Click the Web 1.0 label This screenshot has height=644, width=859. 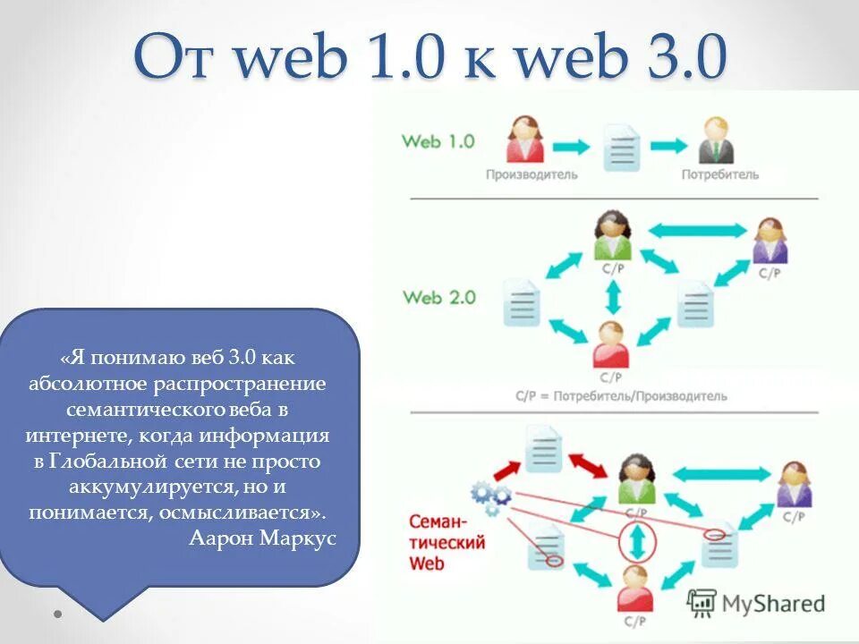click(438, 141)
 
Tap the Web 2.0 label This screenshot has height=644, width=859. click(438, 297)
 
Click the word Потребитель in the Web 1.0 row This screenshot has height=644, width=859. click(719, 174)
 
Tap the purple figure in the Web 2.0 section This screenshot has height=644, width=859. click(770, 241)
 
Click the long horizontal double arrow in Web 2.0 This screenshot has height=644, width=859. click(696, 231)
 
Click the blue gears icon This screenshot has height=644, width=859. click(490, 497)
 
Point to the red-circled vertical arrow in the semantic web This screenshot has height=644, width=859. click(637, 542)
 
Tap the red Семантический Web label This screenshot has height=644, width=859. click(447, 541)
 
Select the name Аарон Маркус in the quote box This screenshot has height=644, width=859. click(263, 538)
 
